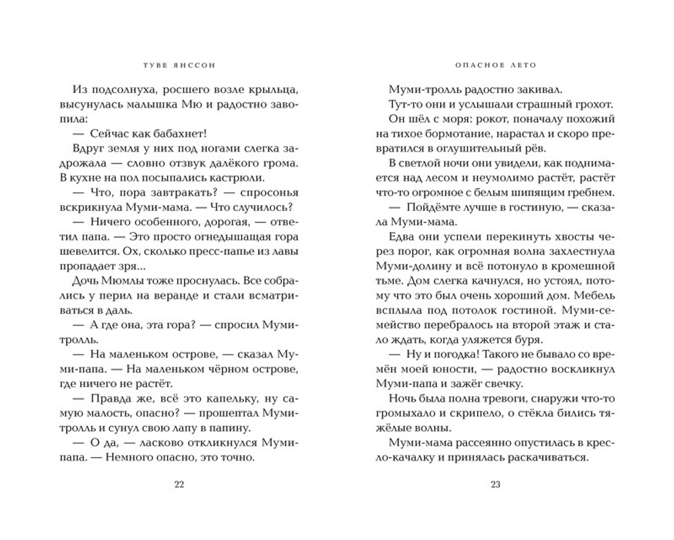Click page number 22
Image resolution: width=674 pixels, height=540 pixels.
(x=178, y=483)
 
